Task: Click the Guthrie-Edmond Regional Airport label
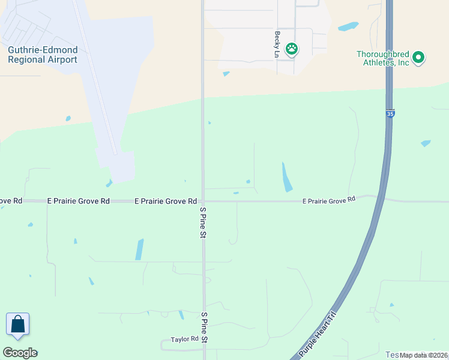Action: [x=42, y=55]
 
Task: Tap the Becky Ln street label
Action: [x=277, y=45]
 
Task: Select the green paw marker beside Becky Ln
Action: [x=292, y=49]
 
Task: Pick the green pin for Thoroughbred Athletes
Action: [x=419, y=58]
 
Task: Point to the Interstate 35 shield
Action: [x=390, y=113]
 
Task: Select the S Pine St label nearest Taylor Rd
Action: [x=204, y=328]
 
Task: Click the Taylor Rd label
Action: [x=184, y=339]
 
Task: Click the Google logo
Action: [x=20, y=353]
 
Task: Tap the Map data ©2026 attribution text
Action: [x=424, y=355]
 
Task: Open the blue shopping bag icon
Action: [x=18, y=325]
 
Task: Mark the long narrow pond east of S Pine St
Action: [x=287, y=177]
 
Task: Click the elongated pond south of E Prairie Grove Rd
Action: [x=139, y=249]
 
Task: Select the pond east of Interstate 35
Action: [x=426, y=143]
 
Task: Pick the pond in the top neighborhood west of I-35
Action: [x=348, y=26]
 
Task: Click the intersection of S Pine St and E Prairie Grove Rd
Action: [x=203, y=201]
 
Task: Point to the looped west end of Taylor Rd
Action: [x=164, y=345]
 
